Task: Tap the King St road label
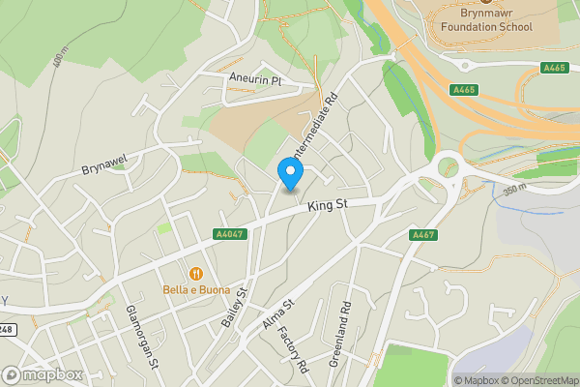(327, 205)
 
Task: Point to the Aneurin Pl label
(254, 78)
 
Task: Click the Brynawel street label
(105, 168)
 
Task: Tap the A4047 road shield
(228, 234)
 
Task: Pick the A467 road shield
(422, 235)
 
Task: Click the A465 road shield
(554, 68)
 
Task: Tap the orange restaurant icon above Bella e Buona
(195, 274)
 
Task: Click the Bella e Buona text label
(195, 290)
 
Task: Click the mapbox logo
(42, 374)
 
